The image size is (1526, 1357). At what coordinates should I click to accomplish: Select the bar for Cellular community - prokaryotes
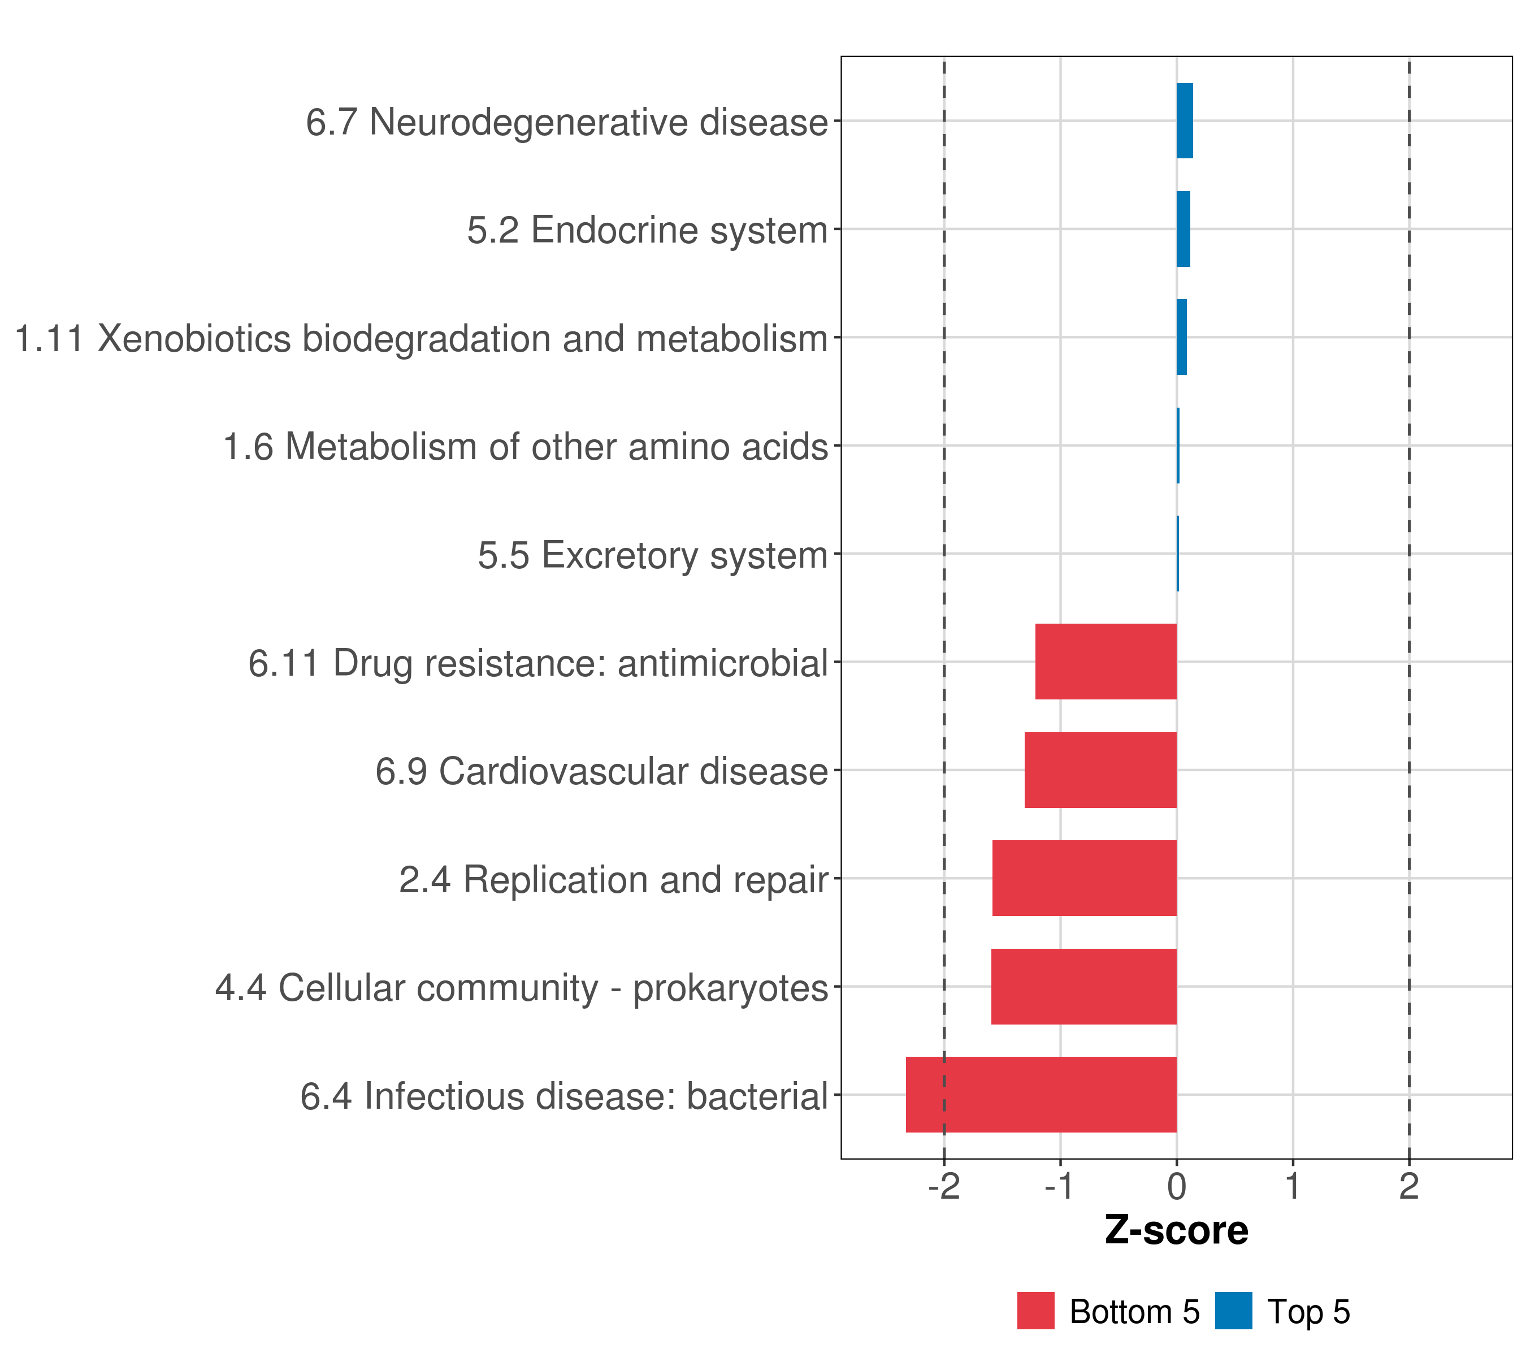1083,986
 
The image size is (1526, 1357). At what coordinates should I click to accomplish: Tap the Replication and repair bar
1084,878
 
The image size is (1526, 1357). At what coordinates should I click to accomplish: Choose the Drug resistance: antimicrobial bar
1106,661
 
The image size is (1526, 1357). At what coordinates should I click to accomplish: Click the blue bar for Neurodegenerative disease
1184,120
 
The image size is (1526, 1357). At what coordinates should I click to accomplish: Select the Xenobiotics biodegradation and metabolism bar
1181,337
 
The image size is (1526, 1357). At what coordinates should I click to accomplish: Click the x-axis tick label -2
944,1187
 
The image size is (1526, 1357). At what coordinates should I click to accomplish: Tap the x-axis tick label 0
1177,1187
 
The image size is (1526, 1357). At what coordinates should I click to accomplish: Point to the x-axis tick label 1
1293,1187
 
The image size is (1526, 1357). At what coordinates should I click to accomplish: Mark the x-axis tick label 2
1409,1187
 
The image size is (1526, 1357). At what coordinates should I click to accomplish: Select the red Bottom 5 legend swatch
1035,1311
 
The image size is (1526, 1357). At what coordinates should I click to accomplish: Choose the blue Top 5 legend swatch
1233,1311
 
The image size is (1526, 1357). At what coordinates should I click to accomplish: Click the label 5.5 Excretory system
653,555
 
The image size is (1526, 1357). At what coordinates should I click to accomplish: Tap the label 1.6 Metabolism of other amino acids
526,447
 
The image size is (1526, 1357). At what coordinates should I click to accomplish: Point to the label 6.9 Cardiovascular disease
602,771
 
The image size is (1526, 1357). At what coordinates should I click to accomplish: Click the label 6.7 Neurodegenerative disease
567,122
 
